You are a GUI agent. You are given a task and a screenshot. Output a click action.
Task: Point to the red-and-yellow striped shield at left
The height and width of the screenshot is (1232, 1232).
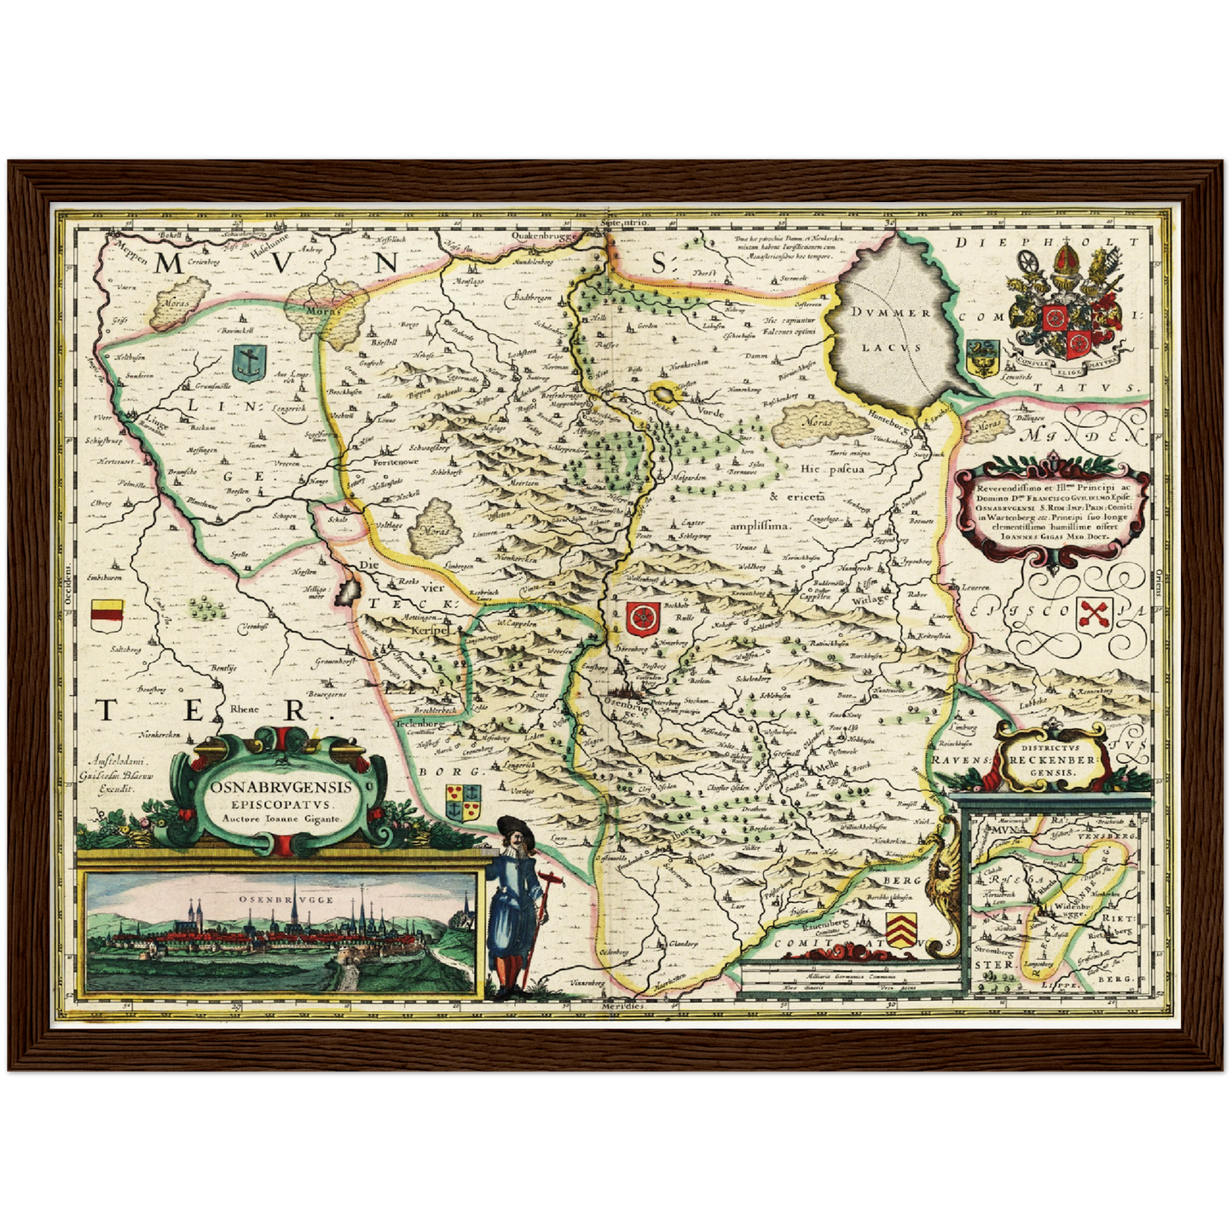coord(107,613)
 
